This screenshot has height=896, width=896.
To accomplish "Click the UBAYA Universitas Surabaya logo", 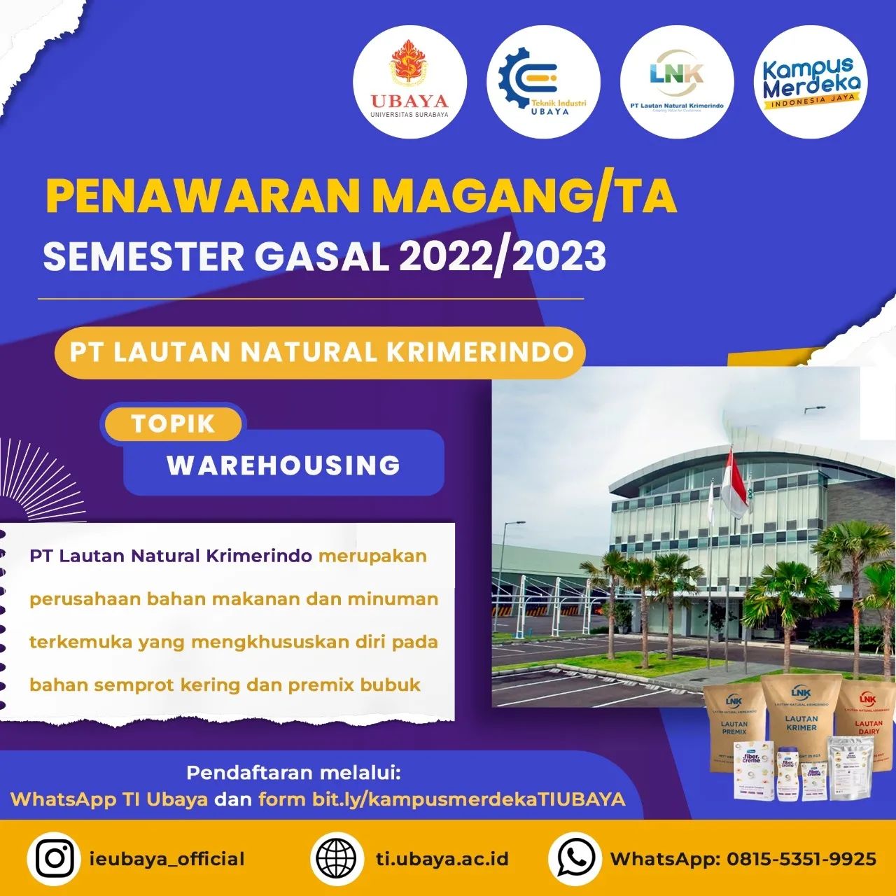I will tap(409, 83).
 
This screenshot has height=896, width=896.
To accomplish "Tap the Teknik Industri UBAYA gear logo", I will tap(543, 83).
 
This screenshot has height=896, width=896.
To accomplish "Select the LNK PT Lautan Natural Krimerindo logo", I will tap(676, 83).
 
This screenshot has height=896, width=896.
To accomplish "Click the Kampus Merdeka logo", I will tap(811, 83).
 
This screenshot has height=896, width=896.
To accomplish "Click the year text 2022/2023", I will tap(502, 256).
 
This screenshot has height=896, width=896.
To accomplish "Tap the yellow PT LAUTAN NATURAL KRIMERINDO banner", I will tap(321, 352).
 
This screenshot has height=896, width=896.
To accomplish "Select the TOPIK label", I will tap(172, 424).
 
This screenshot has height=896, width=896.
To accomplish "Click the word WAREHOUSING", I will tap(283, 465).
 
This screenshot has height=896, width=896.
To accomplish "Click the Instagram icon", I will tap(55, 858).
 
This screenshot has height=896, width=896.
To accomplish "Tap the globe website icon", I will tap(336, 858).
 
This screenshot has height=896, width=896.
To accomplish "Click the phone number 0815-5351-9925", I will tap(801, 859).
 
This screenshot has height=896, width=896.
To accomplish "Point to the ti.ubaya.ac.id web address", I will tap(442, 859).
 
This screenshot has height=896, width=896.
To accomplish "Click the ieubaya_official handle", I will tap(167, 859).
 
